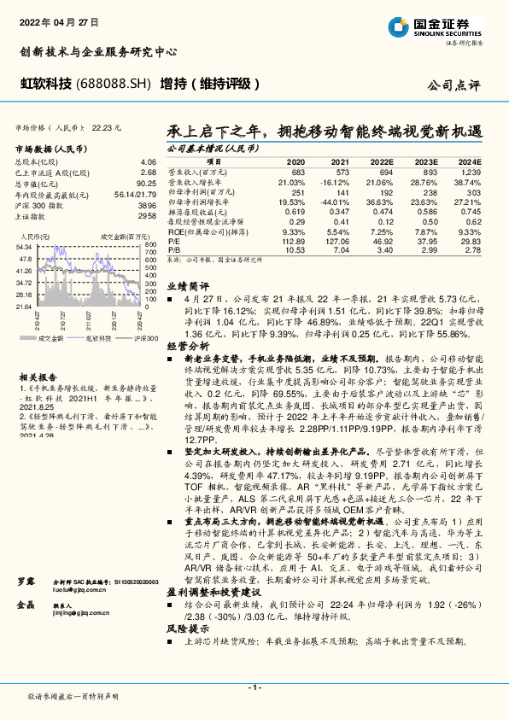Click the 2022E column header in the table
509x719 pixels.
(x=382, y=161)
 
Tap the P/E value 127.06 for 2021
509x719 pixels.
(x=336, y=242)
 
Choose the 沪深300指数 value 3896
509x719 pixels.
(x=147, y=206)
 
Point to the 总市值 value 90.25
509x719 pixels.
(x=146, y=184)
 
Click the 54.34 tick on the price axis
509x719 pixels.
(x=23, y=246)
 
